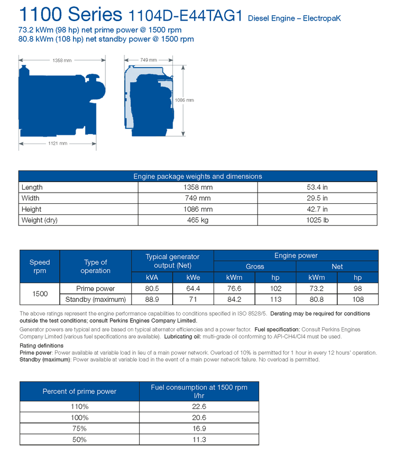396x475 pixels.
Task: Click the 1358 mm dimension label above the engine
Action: click(62, 61)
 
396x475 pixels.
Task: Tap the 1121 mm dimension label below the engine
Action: click(58, 143)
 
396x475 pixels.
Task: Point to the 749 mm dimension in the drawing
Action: click(148, 61)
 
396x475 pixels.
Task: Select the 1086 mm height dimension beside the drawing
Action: click(185, 100)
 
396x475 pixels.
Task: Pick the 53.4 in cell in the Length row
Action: click(317, 187)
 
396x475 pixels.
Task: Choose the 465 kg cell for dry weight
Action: click(198, 220)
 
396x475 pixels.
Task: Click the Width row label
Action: click(31, 198)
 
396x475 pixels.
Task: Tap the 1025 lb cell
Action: click(317, 220)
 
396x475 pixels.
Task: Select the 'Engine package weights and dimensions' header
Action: click(198, 176)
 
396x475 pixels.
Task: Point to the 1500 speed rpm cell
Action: click(40, 294)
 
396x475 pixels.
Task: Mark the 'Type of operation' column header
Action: click(96, 267)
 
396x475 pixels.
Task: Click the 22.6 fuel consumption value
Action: click(199, 406)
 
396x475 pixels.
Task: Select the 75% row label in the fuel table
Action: click(79, 429)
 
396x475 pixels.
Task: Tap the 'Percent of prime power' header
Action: click(79, 391)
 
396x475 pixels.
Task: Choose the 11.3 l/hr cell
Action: click(199, 440)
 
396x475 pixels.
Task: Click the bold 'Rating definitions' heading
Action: click(41, 346)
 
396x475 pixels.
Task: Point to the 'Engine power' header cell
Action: click(296, 255)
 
